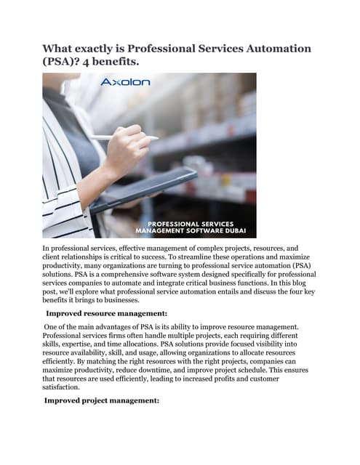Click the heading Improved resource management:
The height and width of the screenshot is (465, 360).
pyautogui.click(x=107, y=313)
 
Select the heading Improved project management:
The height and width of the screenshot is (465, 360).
pyautogui.click(x=102, y=400)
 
